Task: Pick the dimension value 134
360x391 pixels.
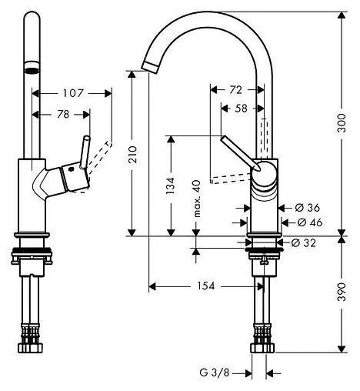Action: (171, 185)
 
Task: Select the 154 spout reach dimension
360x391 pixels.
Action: (203, 286)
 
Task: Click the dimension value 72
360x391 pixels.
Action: (225, 90)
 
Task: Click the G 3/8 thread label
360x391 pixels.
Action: (217, 375)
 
